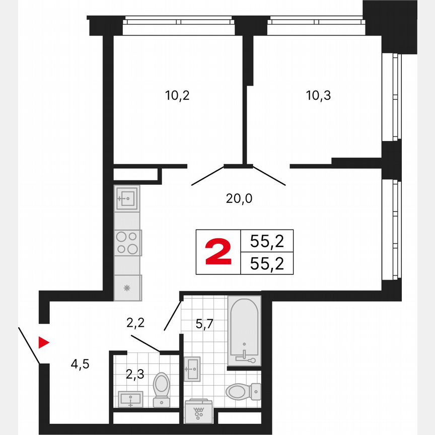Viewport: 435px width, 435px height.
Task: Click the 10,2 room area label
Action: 177,95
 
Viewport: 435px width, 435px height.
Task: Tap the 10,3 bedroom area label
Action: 318,95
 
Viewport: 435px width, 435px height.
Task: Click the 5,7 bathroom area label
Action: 205,324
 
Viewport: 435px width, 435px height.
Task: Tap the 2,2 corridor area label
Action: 135,323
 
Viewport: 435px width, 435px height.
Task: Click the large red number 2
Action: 219,252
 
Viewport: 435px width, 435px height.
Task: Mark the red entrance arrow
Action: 44,343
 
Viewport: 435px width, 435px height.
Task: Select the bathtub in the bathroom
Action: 244,330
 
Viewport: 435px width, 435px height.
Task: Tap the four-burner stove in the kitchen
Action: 127,242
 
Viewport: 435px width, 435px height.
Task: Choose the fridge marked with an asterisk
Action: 127,288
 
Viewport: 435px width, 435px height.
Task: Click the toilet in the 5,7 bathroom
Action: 243,390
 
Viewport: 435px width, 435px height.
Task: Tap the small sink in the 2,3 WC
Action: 130,399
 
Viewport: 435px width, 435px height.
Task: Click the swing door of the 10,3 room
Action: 270,175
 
